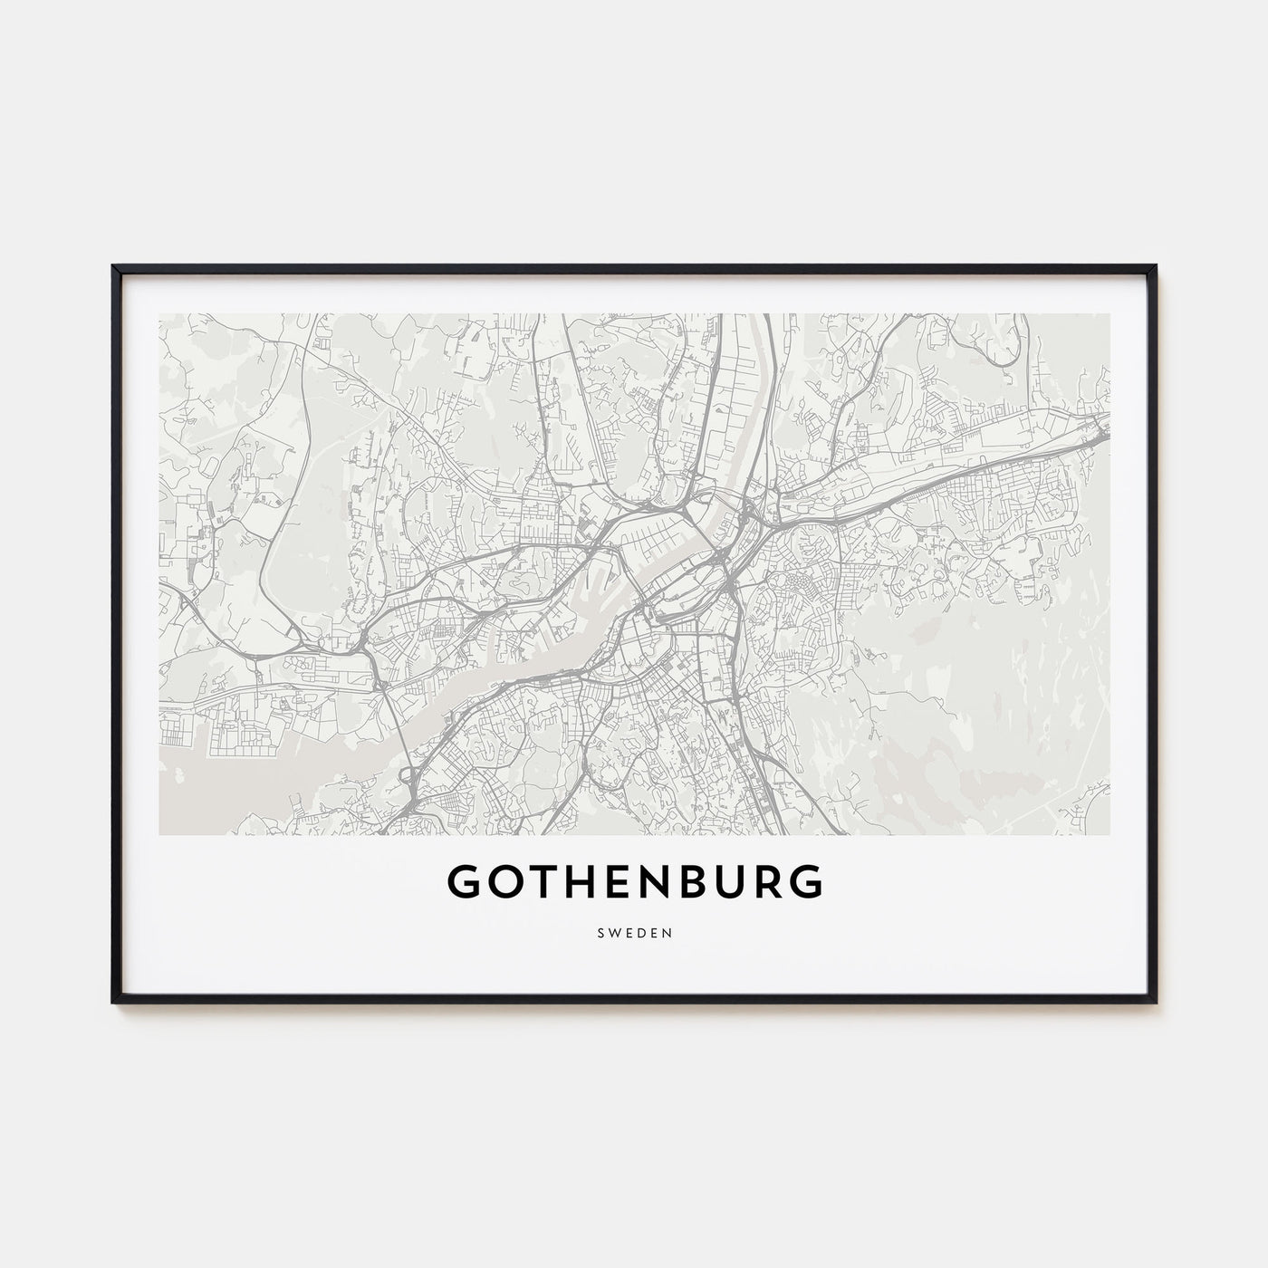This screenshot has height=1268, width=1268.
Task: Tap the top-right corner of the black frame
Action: (x=1155, y=266)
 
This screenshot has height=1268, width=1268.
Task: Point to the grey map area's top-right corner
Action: (x=1109, y=315)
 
